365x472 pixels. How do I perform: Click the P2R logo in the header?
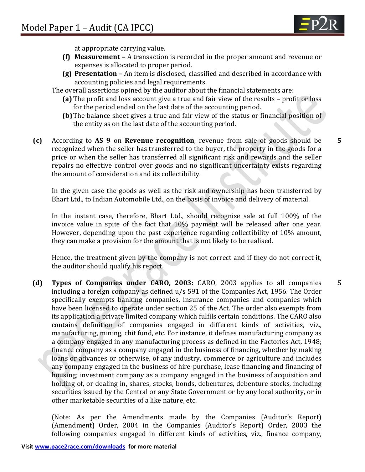(x=319, y=25)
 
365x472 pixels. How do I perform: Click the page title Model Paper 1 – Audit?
(x=87, y=27)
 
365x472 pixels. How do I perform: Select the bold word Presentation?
(x=96, y=74)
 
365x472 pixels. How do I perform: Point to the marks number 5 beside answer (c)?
(x=339, y=141)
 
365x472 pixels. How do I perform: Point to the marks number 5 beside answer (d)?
(x=339, y=283)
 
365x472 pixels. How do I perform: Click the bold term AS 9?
(x=102, y=141)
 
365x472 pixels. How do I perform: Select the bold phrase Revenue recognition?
(x=159, y=141)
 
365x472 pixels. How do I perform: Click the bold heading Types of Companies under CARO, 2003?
(x=122, y=283)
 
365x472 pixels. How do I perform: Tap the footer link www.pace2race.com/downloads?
(x=80, y=446)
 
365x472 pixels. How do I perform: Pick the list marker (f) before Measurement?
(x=66, y=57)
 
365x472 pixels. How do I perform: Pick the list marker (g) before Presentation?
(x=67, y=74)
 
